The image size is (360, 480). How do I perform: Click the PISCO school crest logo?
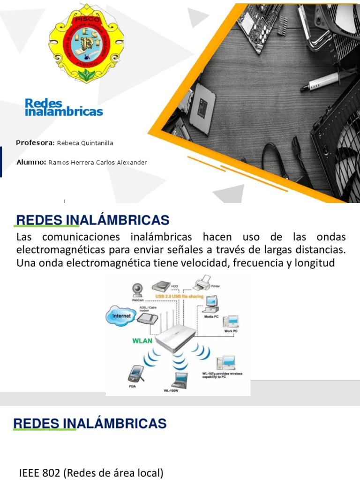86,45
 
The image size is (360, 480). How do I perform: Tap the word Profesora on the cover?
35,142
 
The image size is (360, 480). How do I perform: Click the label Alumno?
30,162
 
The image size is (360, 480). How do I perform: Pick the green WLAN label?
141,341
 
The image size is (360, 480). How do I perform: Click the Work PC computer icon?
230,321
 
